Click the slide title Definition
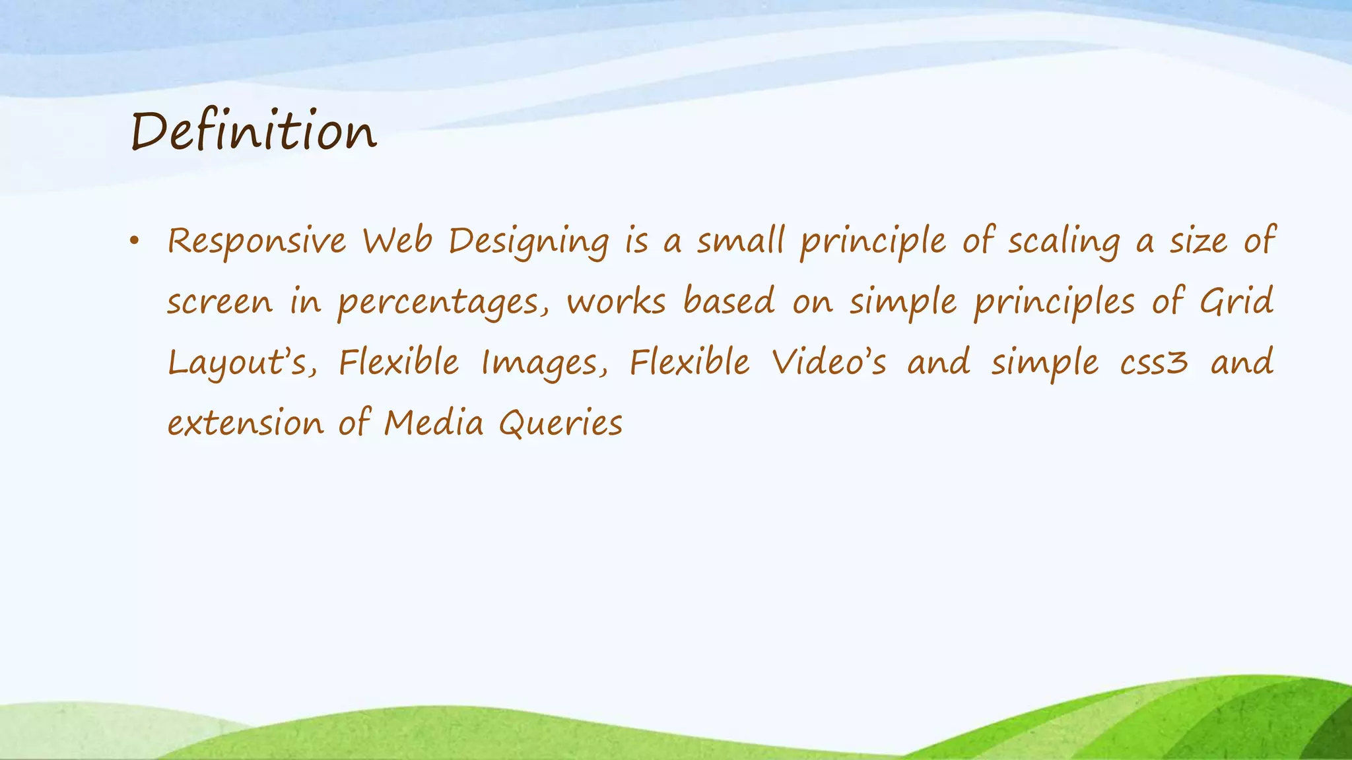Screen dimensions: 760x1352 [253, 131]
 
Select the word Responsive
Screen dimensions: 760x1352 [256, 241]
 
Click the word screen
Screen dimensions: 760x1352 [219, 303]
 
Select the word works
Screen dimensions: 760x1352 [616, 301]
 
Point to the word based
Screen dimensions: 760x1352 [728, 301]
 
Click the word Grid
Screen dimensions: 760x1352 [1236, 301]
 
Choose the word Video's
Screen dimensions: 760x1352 [829, 362]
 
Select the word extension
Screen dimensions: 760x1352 [246, 424]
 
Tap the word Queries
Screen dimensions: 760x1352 [560, 424]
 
